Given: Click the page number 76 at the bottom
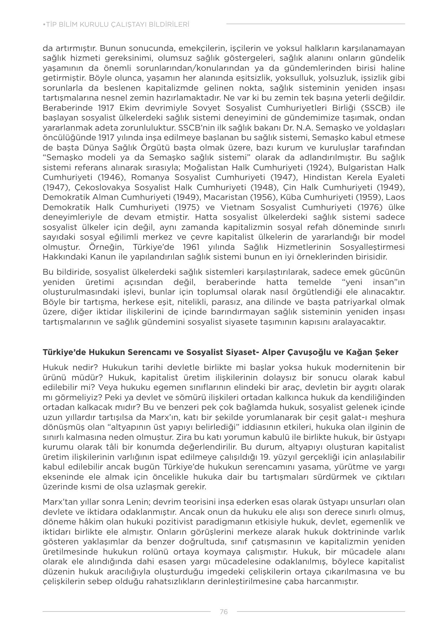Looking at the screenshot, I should click(223, 612).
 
